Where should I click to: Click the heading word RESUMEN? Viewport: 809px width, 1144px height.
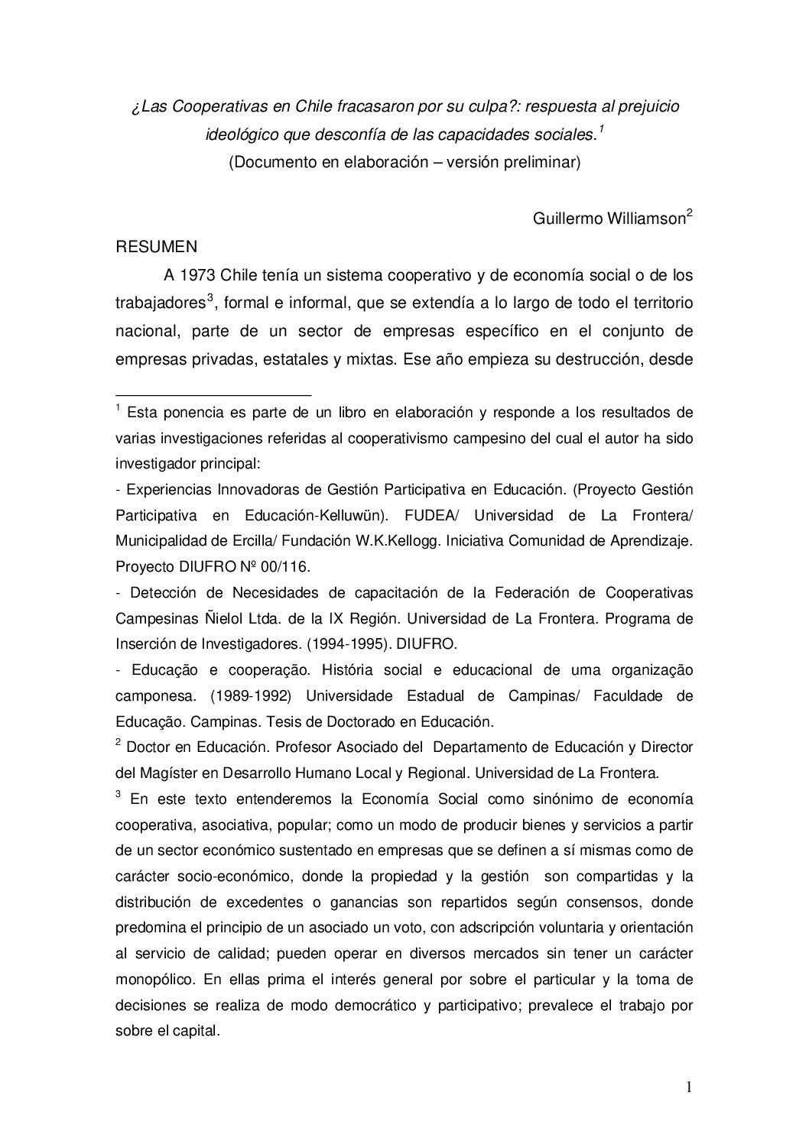[156, 247]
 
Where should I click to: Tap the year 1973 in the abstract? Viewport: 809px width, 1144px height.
[200, 275]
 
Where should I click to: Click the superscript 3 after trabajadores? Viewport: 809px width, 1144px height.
[210, 298]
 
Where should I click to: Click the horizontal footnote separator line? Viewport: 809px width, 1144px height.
[213, 394]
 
